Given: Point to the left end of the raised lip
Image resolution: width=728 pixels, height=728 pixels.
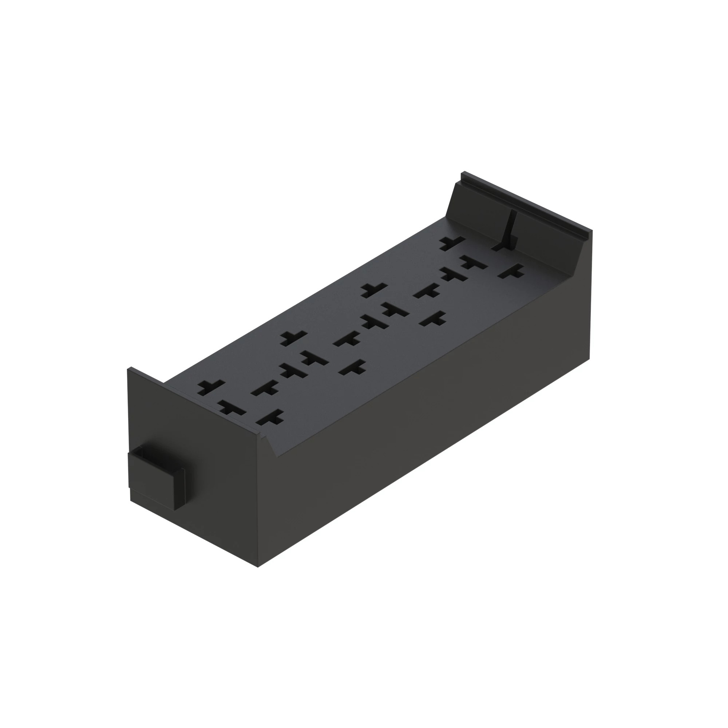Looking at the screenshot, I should (464, 175).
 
